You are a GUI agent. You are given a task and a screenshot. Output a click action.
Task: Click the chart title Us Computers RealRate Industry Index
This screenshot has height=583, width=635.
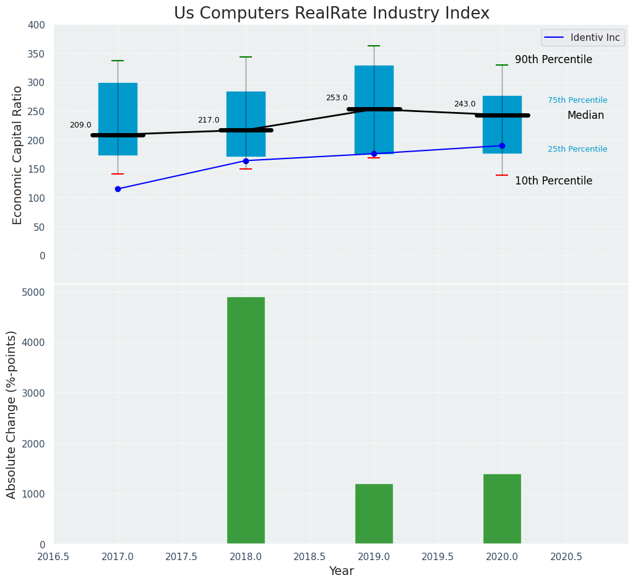tap(331, 14)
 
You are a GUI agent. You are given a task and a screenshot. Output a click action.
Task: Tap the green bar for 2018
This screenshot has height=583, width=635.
tap(246, 420)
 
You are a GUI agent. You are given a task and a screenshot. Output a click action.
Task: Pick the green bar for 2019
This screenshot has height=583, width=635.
tap(374, 514)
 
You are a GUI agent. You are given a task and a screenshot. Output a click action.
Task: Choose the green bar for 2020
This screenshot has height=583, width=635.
tap(502, 509)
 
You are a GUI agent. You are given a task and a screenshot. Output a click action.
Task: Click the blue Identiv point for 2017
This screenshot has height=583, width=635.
tap(118, 189)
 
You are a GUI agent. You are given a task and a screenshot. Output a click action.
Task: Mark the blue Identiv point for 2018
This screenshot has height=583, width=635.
tap(246, 161)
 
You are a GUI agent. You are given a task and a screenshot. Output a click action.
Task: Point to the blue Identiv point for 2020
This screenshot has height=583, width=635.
tap(502, 146)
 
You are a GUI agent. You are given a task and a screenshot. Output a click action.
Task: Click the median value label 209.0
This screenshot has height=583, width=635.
tap(80, 125)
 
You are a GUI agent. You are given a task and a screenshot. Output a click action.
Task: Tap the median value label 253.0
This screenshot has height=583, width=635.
tap(337, 98)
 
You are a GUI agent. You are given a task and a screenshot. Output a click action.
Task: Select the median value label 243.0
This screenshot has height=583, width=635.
tap(465, 104)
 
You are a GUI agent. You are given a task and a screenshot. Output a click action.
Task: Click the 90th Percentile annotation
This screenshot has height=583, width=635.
tap(553, 60)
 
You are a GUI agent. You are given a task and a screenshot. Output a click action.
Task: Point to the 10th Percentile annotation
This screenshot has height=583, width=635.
tap(553, 181)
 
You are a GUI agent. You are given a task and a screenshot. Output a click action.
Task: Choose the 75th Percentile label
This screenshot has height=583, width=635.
tap(577, 100)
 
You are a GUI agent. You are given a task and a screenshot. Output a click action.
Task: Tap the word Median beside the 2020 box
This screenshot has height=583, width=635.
tap(585, 116)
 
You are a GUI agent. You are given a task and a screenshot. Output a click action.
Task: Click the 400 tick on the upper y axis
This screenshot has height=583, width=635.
tap(37, 25)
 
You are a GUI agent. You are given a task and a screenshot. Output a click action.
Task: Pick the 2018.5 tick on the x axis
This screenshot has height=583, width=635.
tap(309, 556)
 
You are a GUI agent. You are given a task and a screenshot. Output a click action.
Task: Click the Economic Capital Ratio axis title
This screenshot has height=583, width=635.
tap(18, 155)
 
